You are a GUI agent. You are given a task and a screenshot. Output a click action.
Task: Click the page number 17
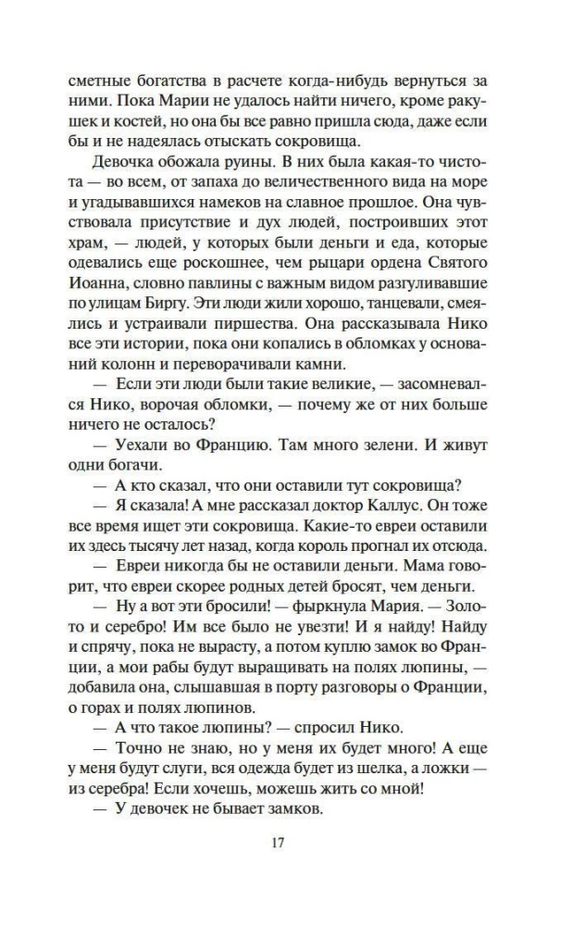292,842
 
